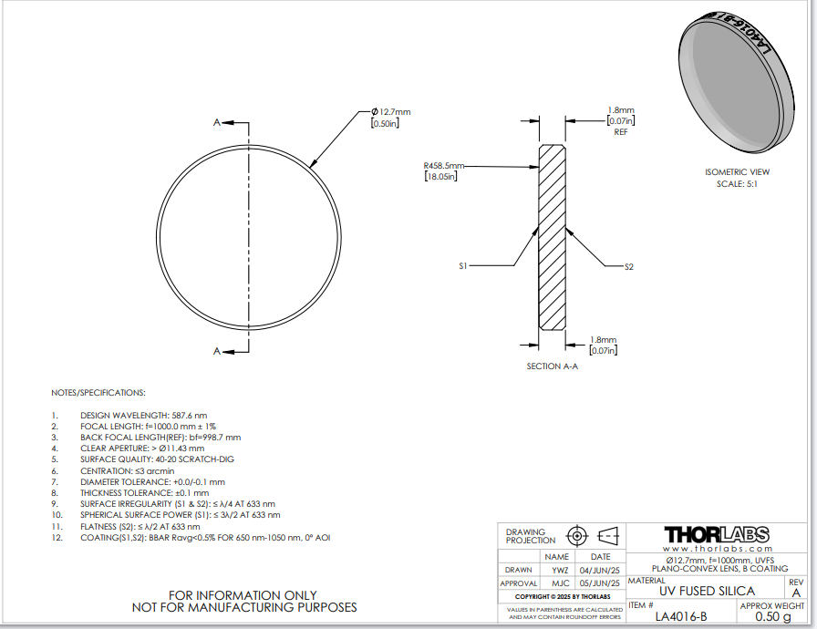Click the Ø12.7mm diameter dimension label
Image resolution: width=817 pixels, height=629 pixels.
pyautogui.click(x=391, y=112)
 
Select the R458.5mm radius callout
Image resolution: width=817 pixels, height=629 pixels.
pyautogui.click(x=443, y=166)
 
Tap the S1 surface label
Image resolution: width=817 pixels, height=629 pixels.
pyautogui.click(x=463, y=266)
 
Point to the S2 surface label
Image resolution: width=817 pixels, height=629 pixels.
pyautogui.click(x=629, y=267)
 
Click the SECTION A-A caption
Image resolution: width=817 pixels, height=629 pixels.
pyautogui.click(x=553, y=366)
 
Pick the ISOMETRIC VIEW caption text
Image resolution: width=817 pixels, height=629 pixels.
pyautogui.click(x=738, y=172)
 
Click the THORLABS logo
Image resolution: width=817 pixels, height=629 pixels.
pyautogui.click(x=717, y=535)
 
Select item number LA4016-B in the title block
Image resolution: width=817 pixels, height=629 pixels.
pyautogui.click(x=681, y=617)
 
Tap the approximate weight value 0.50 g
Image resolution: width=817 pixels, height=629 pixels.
pyautogui.click(x=773, y=617)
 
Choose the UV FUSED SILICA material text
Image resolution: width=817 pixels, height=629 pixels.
pyautogui.click(x=707, y=591)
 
